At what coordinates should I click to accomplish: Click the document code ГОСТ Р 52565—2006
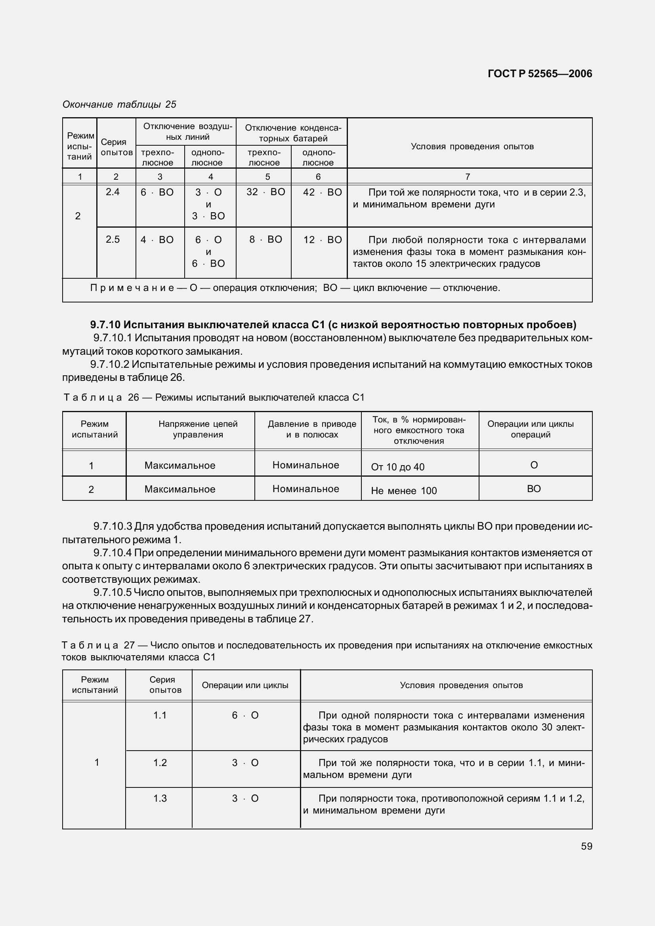(x=540, y=73)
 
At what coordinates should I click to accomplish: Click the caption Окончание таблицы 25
(x=119, y=105)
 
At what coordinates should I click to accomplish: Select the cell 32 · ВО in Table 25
(x=265, y=192)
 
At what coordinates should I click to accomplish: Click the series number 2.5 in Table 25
(x=113, y=240)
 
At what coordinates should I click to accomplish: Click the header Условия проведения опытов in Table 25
(x=472, y=146)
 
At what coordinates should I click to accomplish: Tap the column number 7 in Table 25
(x=467, y=177)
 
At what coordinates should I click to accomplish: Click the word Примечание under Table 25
(x=132, y=288)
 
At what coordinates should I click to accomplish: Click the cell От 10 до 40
(x=397, y=467)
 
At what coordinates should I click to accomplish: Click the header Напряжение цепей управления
(x=198, y=429)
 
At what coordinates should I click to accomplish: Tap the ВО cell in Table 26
(x=533, y=489)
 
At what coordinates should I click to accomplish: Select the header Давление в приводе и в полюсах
(x=311, y=429)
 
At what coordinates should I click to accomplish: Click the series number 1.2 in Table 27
(x=160, y=762)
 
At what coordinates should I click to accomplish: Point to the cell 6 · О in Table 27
(x=245, y=715)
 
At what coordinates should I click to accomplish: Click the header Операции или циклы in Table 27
(x=245, y=685)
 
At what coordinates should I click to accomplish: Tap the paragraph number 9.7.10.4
(x=112, y=553)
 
